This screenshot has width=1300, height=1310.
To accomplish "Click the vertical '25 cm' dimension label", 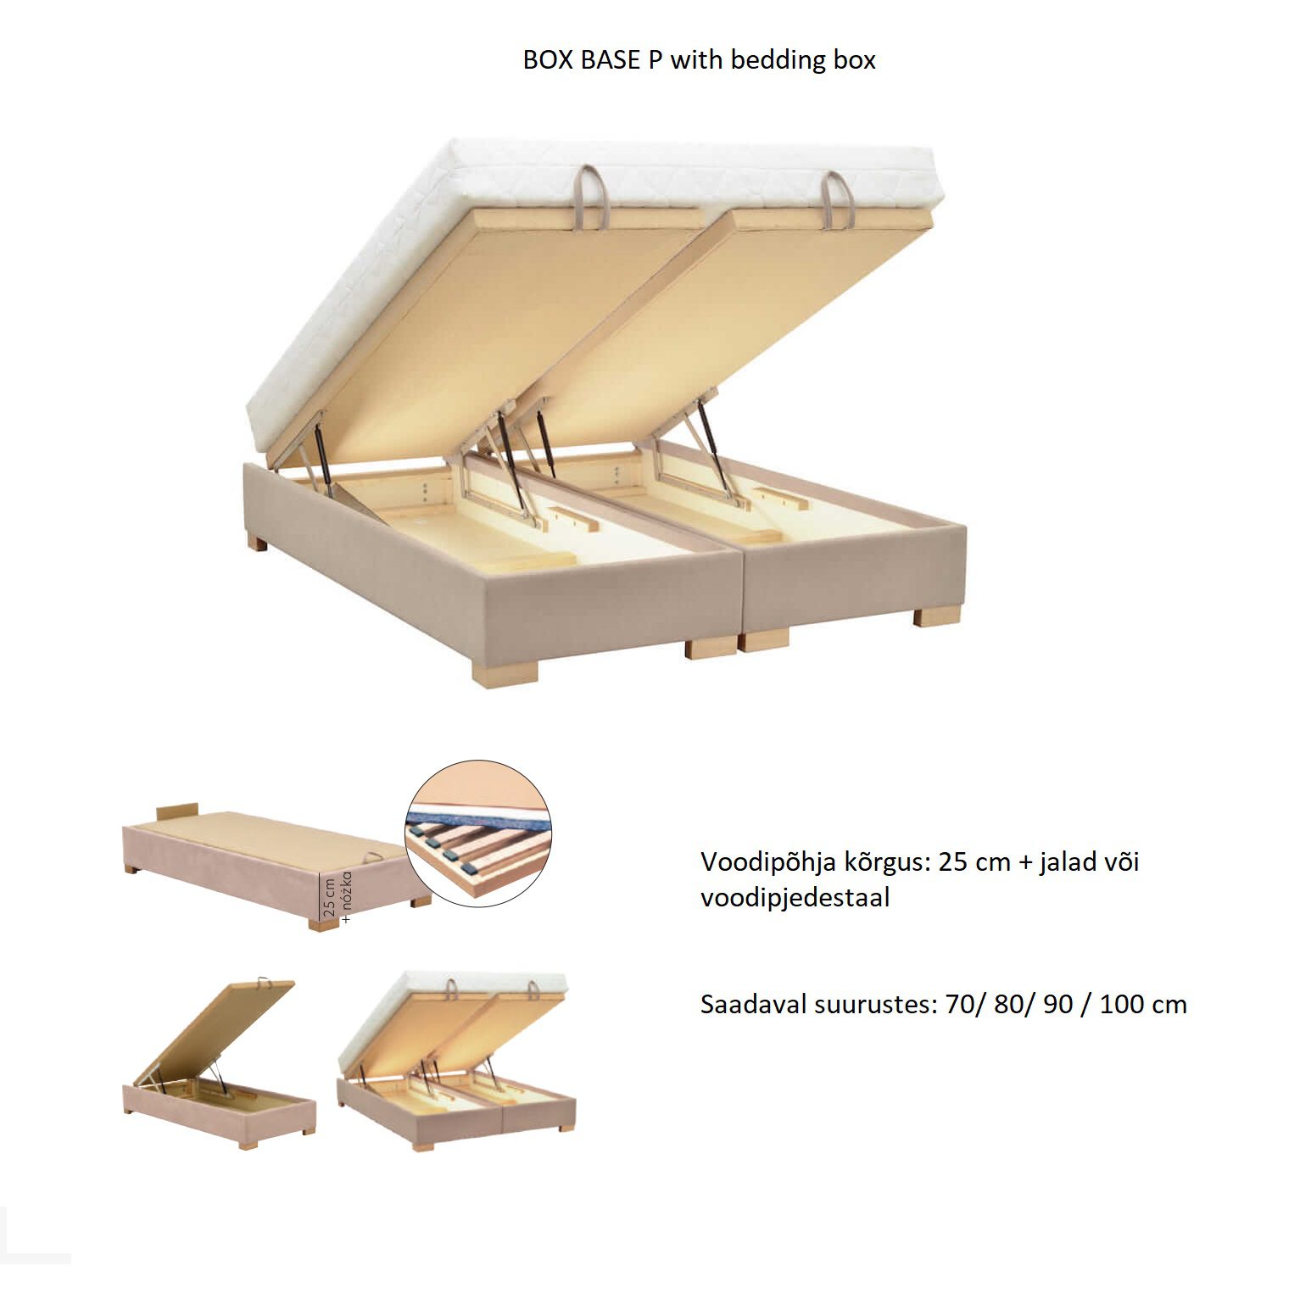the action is pyautogui.click(x=330, y=897).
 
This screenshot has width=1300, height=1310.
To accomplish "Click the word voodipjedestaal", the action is pyautogui.click(x=795, y=897).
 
